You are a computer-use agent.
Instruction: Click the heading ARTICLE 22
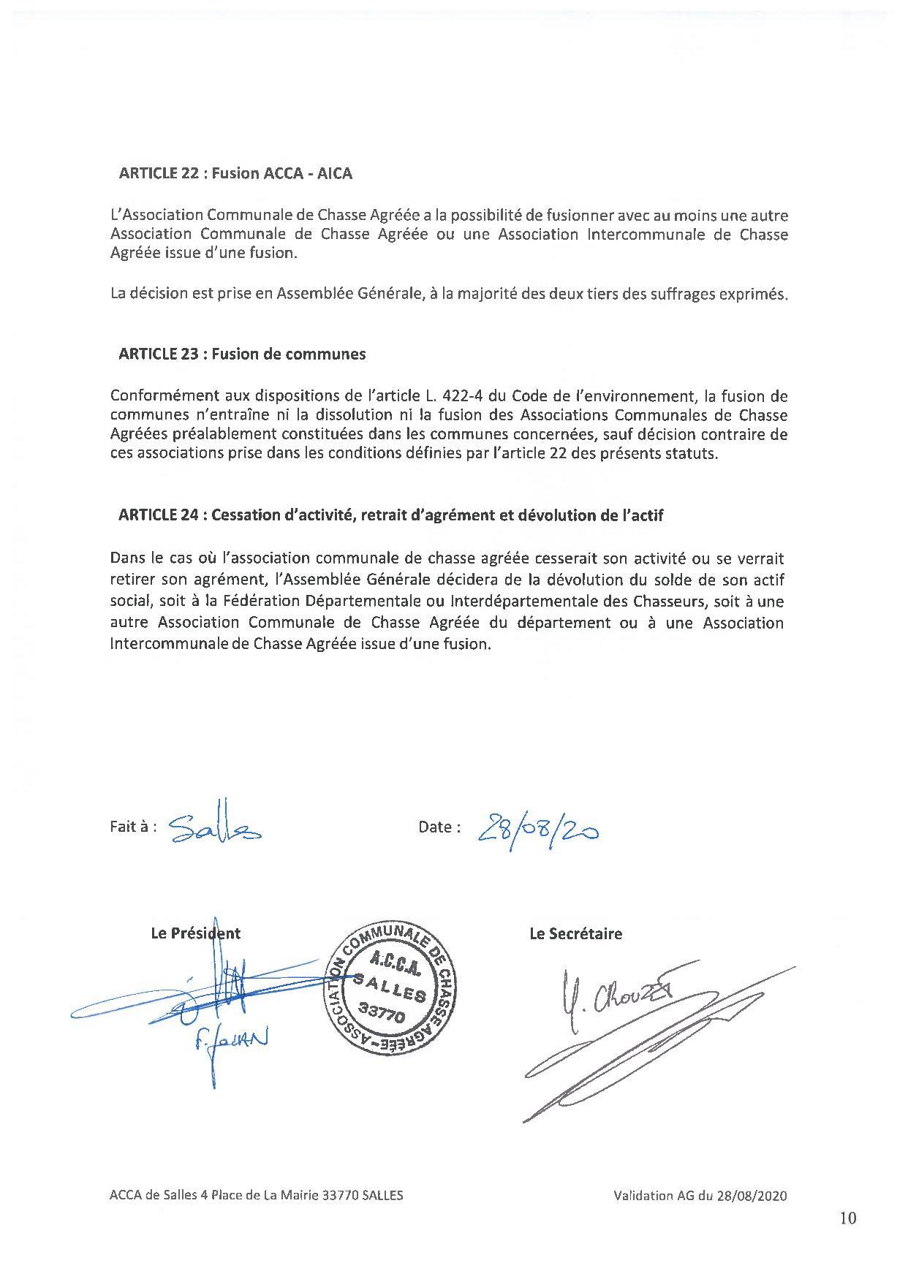(235, 173)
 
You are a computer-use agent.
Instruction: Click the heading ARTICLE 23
(241, 354)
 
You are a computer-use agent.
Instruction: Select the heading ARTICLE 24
(390, 515)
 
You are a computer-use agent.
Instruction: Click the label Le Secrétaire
(575, 933)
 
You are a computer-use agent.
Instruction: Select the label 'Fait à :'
(133, 827)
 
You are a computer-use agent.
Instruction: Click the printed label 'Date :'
(439, 827)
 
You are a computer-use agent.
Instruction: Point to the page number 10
(848, 1218)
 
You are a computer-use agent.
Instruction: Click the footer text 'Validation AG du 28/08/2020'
(700, 1196)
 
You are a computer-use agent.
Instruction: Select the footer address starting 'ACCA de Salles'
(256, 1196)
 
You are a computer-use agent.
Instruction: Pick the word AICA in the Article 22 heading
(335, 173)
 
